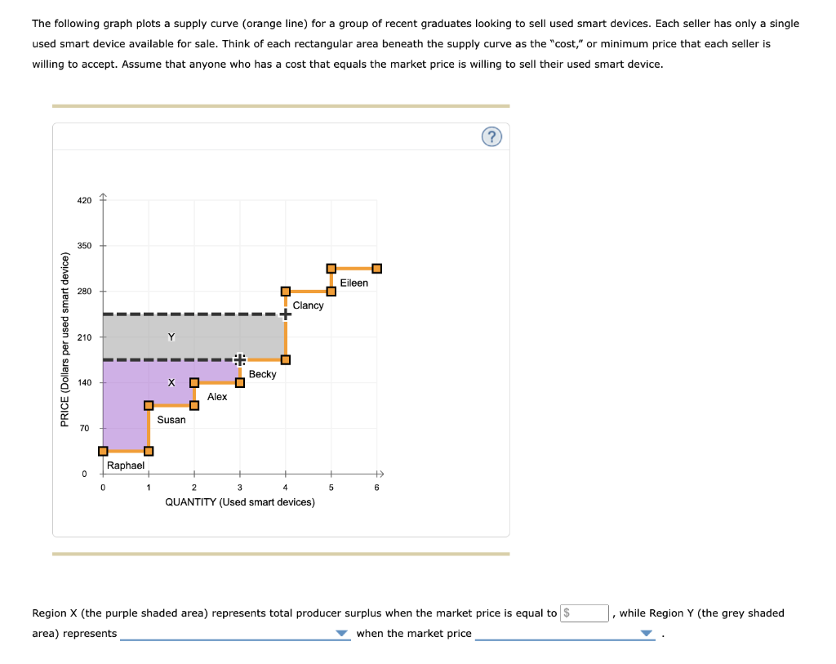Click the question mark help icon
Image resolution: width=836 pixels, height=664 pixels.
click(x=491, y=137)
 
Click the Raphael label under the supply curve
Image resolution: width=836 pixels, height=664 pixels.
click(x=126, y=466)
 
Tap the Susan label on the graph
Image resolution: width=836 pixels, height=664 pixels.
click(x=171, y=420)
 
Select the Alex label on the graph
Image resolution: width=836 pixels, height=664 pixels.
click(x=217, y=397)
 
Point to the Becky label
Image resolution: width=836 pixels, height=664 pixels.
click(x=263, y=374)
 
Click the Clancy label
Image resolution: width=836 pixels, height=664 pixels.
click(x=308, y=305)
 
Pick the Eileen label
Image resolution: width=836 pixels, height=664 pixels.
click(x=354, y=283)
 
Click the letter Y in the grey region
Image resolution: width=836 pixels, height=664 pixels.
click(x=171, y=336)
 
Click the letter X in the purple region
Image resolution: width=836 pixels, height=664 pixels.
click(x=171, y=383)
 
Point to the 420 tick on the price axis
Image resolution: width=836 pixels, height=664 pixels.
click(x=85, y=200)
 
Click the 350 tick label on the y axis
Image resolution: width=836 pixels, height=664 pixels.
click(x=85, y=246)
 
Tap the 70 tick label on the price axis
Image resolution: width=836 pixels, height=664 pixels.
click(x=83, y=428)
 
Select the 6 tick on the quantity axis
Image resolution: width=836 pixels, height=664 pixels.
click(x=376, y=488)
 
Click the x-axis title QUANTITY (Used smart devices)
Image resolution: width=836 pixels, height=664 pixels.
click(x=240, y=502)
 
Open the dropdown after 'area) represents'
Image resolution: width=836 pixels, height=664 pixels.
click(x=236, y=634)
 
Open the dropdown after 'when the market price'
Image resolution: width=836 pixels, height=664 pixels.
click(x=565, y=634)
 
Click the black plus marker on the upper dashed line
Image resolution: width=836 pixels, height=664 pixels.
click(x=285, y=314)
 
